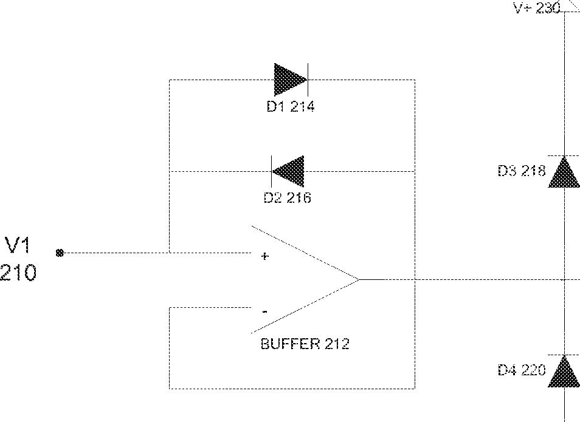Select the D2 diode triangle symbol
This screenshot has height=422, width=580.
coord(289,171)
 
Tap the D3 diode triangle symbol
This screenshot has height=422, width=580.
coord(564,173)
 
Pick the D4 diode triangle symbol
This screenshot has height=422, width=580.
coord(564,372)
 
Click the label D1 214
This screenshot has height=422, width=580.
coord(291,107)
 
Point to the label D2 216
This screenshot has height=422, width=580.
coord(288,198)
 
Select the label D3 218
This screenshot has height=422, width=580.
coord(522,171)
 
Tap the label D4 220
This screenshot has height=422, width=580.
coord(522,370)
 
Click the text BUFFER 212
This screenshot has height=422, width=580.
coord(305,344)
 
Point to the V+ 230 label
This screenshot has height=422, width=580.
coord(537,8)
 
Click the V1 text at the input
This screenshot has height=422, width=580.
coord(19,246)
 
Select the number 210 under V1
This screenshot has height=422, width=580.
coord(18,273)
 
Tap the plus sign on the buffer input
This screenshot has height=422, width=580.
coord(264,256)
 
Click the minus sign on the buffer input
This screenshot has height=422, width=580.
coord(264,311)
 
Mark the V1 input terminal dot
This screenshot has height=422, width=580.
coord(59,253)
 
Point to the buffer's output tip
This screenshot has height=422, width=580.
coord(358,279)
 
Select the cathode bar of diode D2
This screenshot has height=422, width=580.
coord(271,171)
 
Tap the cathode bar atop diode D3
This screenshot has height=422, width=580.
coord(564,156)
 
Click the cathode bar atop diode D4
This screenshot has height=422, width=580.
coord(564,355)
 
